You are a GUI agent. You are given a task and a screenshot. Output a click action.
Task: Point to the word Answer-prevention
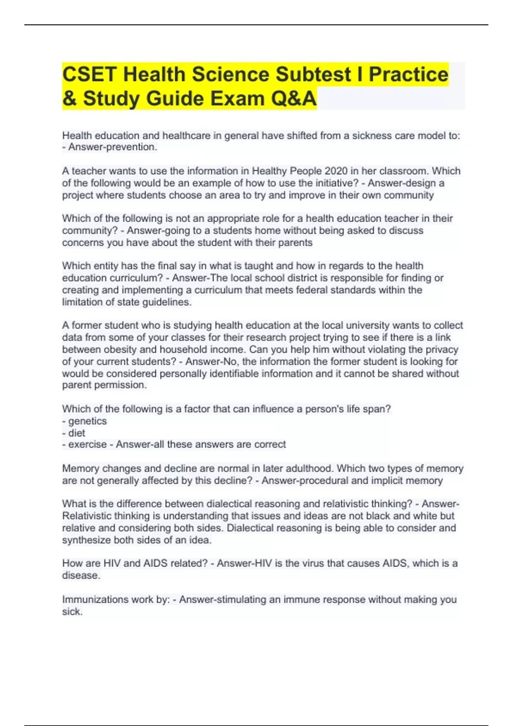113,147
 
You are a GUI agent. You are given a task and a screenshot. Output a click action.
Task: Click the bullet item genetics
87,421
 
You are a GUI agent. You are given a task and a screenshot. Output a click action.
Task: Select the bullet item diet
77,433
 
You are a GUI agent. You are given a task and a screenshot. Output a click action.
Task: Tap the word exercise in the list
88,445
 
